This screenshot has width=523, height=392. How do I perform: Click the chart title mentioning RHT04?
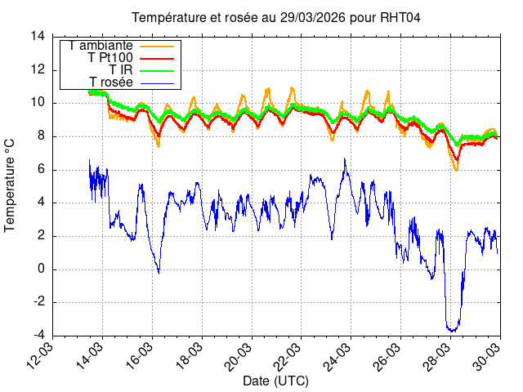(x=276, y=18)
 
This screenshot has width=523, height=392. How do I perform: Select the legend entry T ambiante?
(x=101, y=46)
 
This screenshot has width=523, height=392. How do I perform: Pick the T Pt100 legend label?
(x=110, y=58)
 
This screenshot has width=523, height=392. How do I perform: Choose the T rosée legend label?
(x=111, y=82)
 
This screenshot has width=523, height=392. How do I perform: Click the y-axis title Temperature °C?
(x=11, y=185)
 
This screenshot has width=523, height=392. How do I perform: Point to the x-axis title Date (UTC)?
(x=275, y=381)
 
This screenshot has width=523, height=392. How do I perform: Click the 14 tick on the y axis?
(x=38, y=36)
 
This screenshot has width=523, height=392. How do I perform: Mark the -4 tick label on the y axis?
(x=38, y=336)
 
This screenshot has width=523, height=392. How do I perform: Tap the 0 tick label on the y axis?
(x=42, y=269)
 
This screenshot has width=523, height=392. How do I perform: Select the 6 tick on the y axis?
(x=42, y=169)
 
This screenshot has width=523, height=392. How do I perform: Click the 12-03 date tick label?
(x=42, y=354)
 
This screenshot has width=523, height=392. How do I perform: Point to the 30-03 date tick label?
(x=489, y=354)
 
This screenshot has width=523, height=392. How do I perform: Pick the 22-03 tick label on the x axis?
(x=290, y=354)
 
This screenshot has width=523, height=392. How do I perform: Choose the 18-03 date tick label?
(x=191, y=354)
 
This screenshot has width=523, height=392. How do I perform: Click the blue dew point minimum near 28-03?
(x=451, y=330)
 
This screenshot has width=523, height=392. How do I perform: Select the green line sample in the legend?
(x=155, y=70)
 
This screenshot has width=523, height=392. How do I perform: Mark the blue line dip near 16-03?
(x=159, y=270)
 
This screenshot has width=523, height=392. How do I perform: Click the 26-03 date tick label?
(x=390, y=354)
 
